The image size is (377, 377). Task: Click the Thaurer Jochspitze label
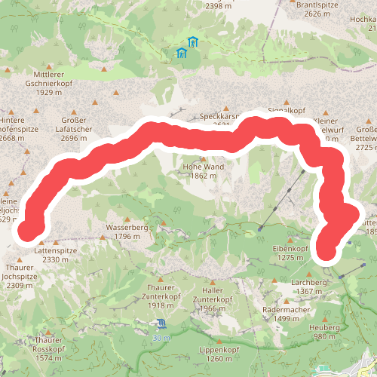(21, 276)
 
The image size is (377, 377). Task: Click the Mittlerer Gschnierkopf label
(59, 83)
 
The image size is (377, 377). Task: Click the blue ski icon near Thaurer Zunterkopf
(161, 324)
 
